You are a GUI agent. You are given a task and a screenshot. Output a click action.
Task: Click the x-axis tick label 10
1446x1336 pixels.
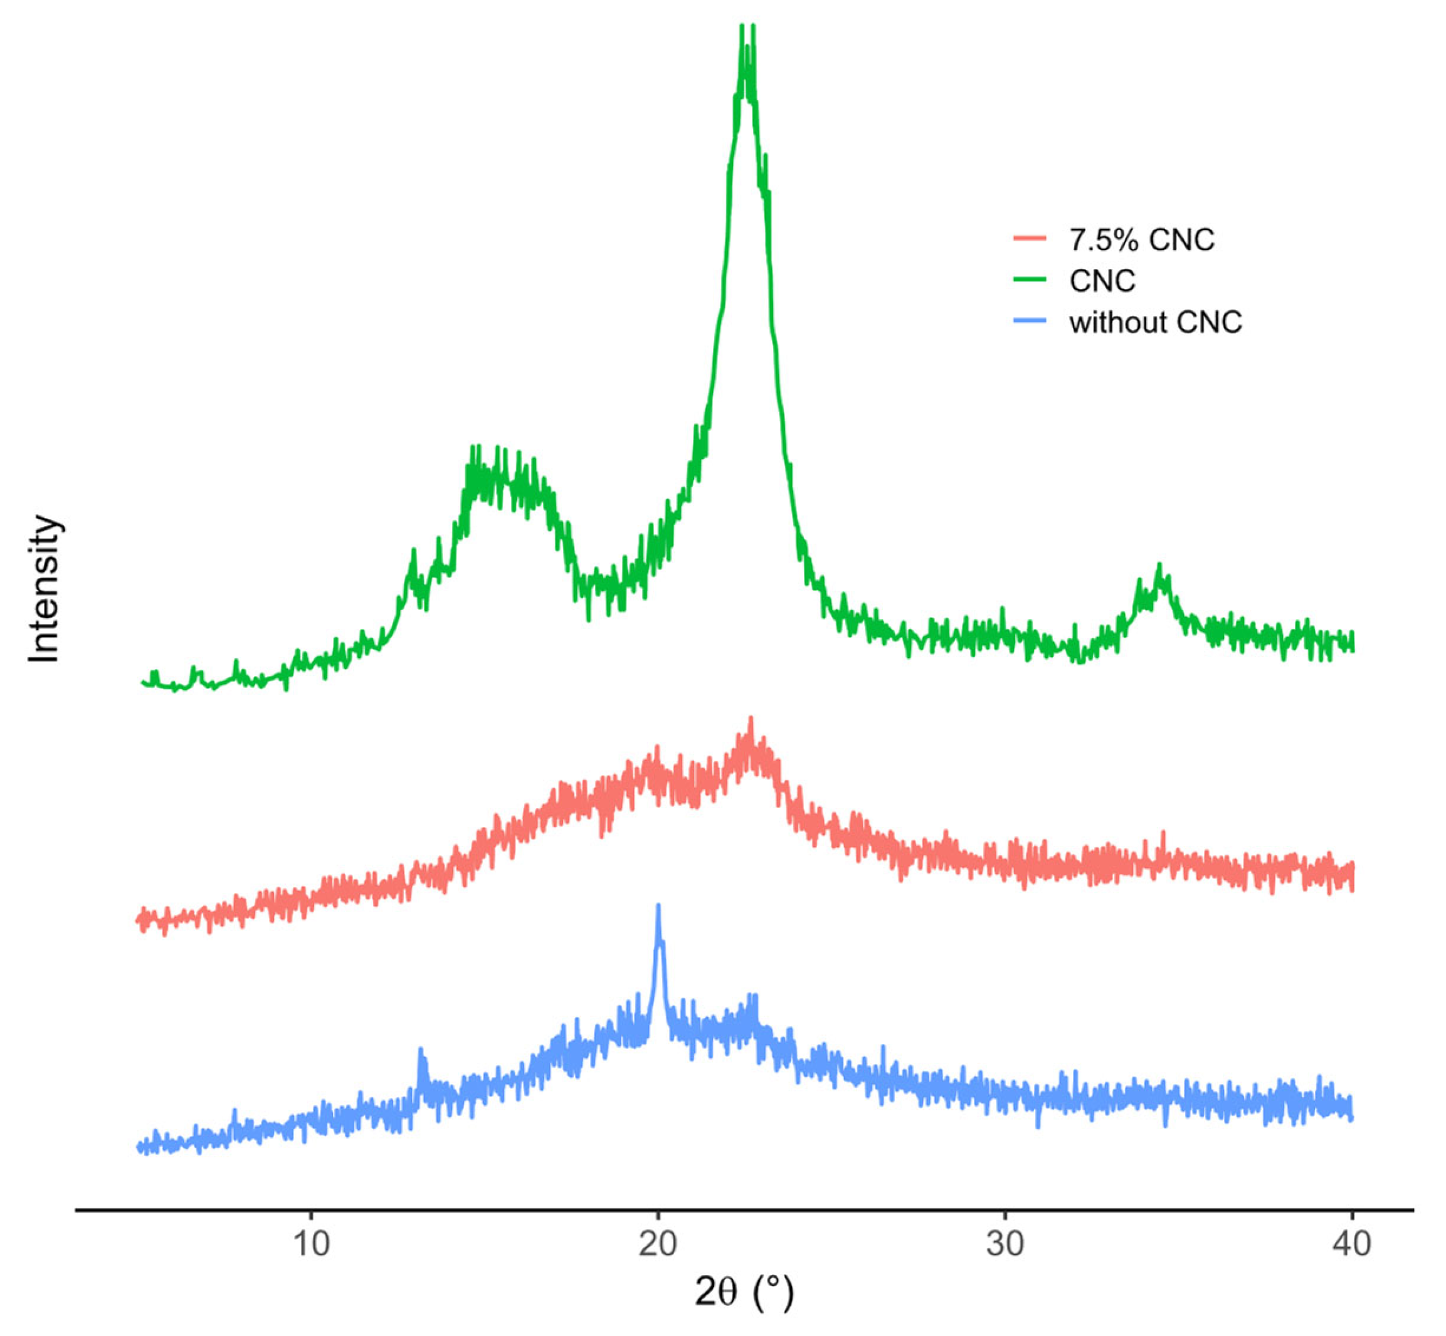311,1243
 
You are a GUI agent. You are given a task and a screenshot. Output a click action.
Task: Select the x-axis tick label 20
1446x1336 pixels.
658,1243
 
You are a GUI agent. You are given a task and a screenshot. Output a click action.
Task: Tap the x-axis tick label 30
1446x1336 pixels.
1005,1243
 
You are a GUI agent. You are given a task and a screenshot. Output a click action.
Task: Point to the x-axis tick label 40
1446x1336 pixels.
1351,1243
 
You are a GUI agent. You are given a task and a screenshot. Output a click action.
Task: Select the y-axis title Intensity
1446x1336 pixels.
45,589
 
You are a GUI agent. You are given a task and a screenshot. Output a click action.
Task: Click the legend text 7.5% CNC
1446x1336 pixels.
1142,240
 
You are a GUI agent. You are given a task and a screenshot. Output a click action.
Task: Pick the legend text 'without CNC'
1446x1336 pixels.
1155,322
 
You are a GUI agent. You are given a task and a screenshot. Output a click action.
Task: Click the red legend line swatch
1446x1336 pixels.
1030,240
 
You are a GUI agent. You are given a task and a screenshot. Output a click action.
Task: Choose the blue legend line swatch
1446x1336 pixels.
1030,322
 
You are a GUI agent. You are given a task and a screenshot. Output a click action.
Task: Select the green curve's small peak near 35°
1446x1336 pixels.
1159,566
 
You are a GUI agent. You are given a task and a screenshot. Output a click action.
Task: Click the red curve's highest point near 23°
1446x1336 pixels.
751,719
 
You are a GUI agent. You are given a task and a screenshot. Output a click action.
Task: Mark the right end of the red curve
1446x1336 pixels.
1351,876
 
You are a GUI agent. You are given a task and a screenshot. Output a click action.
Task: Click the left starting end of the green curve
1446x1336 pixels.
143,681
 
